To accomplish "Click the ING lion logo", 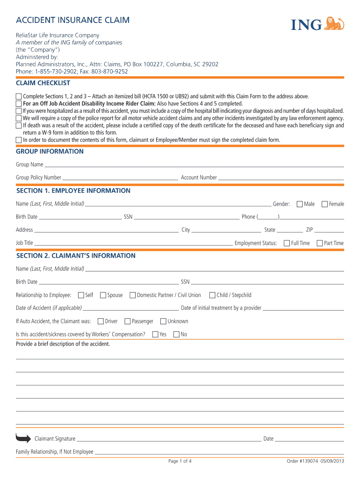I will (334, 24).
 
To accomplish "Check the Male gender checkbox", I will (300, 204).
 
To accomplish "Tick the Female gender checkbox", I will (325, 204).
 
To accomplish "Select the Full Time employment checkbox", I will (287, 243).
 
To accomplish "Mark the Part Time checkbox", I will (320, 243).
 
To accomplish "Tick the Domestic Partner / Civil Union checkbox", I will (133, 295).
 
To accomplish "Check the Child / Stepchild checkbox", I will (212, 295).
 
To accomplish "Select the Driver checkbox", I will (101, 321).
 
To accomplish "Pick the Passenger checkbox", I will (128, 321).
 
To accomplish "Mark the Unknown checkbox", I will (163, 321).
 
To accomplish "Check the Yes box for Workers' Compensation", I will (155, 334).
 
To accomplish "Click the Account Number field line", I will (281, 178).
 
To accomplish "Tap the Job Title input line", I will (134, 244).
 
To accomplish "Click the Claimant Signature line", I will (168, 440).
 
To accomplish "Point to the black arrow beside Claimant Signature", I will (23, 438).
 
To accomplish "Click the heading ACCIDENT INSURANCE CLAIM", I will (72, 20).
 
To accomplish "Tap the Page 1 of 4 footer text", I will (180, 461).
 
